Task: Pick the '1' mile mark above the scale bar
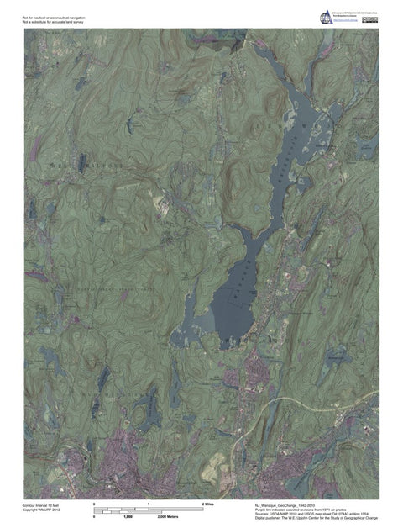[x=149, y=502]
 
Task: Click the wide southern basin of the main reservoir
[x=227, y=311]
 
